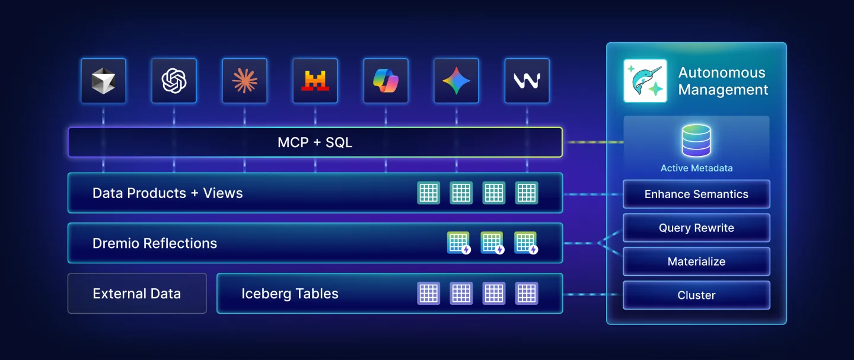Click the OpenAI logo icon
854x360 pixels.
tap(174, 81)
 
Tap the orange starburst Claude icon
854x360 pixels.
tap(244, 81)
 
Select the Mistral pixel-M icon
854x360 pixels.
tap(315, 81)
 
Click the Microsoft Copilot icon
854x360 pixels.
tap(385, 81)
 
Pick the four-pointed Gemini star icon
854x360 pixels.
tap(456, 81)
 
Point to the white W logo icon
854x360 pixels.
tap(527, 81)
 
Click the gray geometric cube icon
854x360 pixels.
tap(103, 81)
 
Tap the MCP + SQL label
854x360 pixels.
tap(315, 142)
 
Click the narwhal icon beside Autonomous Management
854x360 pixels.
tap(645, 81)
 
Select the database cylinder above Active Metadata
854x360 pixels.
tap(696, 141)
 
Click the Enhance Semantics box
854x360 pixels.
tap(696, 194)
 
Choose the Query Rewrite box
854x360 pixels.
tap(696, 228)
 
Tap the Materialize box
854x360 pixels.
tap(696, 262)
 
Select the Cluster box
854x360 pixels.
tap(696, 295)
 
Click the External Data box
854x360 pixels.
tap(137, 294)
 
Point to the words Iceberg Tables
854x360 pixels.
tap(290, 294)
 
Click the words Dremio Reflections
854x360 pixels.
tap(155, 243)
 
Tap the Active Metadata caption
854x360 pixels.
tap(696, 168)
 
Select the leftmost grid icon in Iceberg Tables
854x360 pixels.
tap(429, 294)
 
